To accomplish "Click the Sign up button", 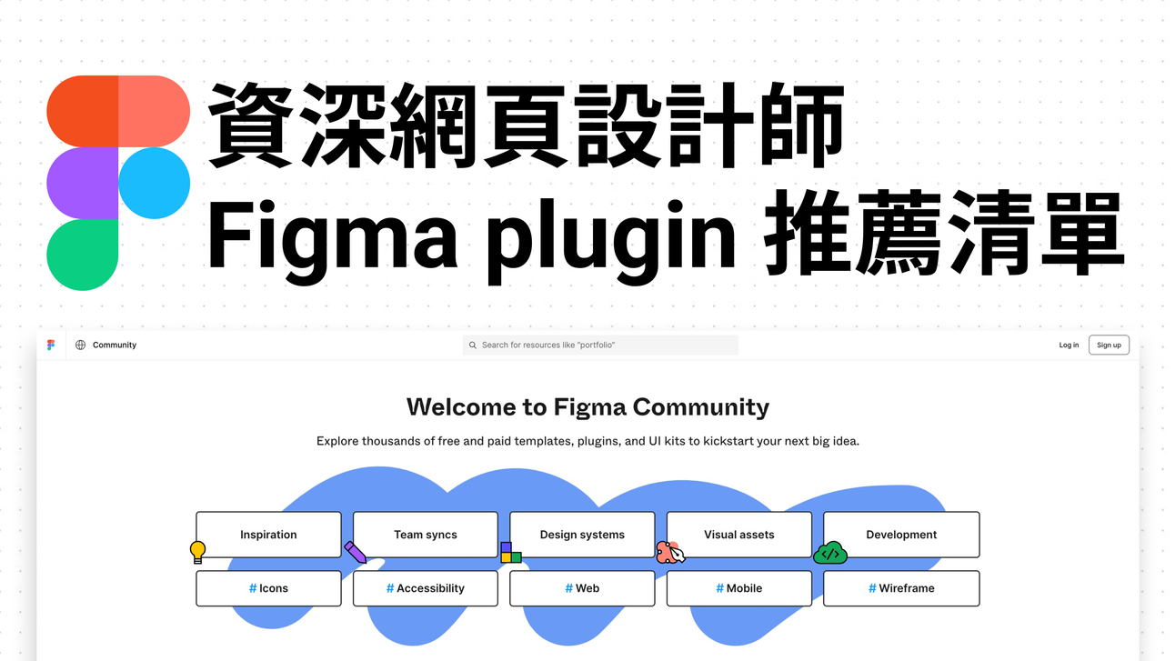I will (1109, 346).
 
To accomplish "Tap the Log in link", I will (1069, 346).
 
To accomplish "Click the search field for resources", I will (600, 346).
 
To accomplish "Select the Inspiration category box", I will (268, 535).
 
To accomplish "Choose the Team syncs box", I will (425, 535).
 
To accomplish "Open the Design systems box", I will (582, 535).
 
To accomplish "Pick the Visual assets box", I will (738, 535).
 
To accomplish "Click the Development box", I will (900, 535).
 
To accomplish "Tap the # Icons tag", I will (268, 588).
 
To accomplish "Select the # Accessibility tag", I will (425, 588).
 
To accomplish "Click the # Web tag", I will (582, 588).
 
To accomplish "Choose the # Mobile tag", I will (738, 588).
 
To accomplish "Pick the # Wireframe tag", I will (900, 588).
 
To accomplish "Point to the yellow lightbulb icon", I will (197, 551).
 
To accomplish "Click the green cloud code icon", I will (829, 553).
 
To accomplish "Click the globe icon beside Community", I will (80, 346).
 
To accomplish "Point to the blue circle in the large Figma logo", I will (154, 184).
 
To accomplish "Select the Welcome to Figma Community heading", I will (587, 406).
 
